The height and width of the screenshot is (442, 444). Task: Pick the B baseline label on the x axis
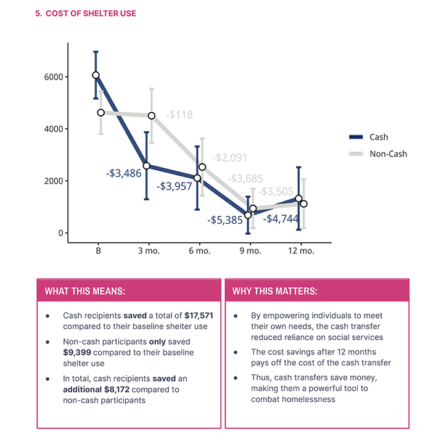tap(98, 252)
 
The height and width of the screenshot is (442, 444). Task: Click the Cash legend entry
tap(379, 137)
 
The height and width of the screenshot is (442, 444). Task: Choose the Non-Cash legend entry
tap(388, 153)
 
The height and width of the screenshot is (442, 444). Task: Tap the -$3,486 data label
tap(123, 174)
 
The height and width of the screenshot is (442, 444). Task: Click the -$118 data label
tap(179, 115)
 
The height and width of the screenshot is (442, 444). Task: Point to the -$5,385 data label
tap(225, 219)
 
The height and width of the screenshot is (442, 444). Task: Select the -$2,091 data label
tap(230, 158)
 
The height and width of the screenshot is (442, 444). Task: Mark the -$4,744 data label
tap(281, 218)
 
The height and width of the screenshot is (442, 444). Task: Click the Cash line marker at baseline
tap(96, 75)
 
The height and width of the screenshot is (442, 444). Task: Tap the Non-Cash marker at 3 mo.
tap(152, 115)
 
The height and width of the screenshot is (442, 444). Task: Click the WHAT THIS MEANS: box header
tap(84, 291)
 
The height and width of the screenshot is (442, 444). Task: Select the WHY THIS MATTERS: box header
tap(275, 291)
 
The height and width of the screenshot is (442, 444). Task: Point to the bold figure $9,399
tap(78, 352)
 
